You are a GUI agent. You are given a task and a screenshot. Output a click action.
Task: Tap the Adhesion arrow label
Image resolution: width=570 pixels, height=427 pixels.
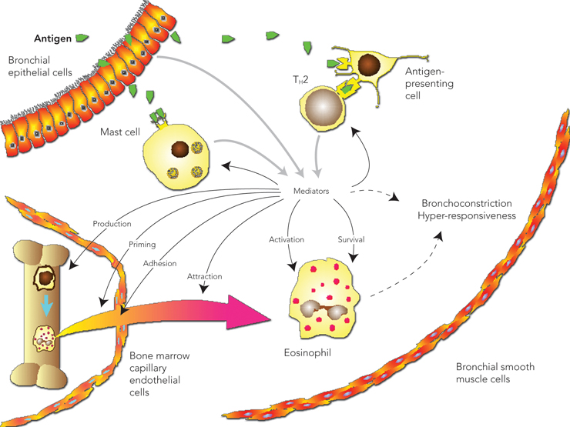click(x=159, y=262)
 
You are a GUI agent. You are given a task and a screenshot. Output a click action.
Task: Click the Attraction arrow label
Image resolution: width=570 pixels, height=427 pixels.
click(x=204, y=275)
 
